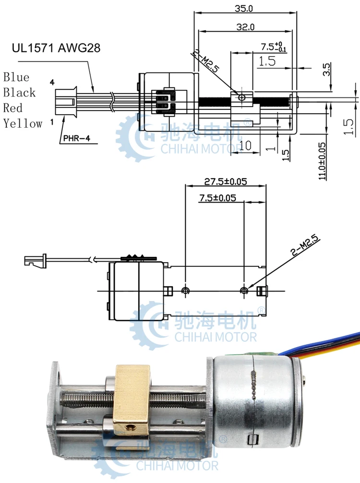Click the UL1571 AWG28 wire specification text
point(56,48)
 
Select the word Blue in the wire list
point(16,77)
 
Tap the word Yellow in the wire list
point(23,123)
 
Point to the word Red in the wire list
point(13,108)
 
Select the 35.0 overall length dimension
point(245,8)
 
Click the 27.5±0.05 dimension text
point(225,181)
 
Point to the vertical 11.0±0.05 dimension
point(322,160)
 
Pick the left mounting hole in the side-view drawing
point(186,290)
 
